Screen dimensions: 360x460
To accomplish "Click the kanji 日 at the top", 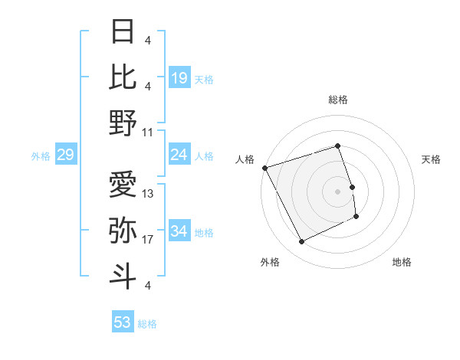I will click(123, 32).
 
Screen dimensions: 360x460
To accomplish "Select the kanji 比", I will click(123, 77).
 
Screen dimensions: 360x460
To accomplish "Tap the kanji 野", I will click(123, 123).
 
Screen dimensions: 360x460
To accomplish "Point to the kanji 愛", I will click(123, 184).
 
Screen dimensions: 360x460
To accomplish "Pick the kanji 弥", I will click(123, 230).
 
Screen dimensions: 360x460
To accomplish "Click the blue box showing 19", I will click(179, 77).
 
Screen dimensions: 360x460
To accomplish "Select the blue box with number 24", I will click(179, 155).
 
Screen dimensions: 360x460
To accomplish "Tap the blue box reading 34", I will click(179, 231).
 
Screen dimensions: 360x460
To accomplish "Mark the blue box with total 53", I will click(123, 322).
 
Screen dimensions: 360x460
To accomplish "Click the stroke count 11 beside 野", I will click(148, 132).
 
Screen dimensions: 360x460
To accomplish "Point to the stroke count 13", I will click(149, 193).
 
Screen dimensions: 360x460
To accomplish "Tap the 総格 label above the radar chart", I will click(338, 100).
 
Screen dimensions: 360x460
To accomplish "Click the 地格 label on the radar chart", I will click(402, 262).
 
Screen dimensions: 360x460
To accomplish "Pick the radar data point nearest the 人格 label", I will click(265, 168).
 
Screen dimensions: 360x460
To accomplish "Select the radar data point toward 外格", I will click(301, 242).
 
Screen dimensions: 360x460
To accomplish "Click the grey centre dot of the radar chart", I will click(338, 191).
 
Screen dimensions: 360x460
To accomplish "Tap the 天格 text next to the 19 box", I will click(204, 79).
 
